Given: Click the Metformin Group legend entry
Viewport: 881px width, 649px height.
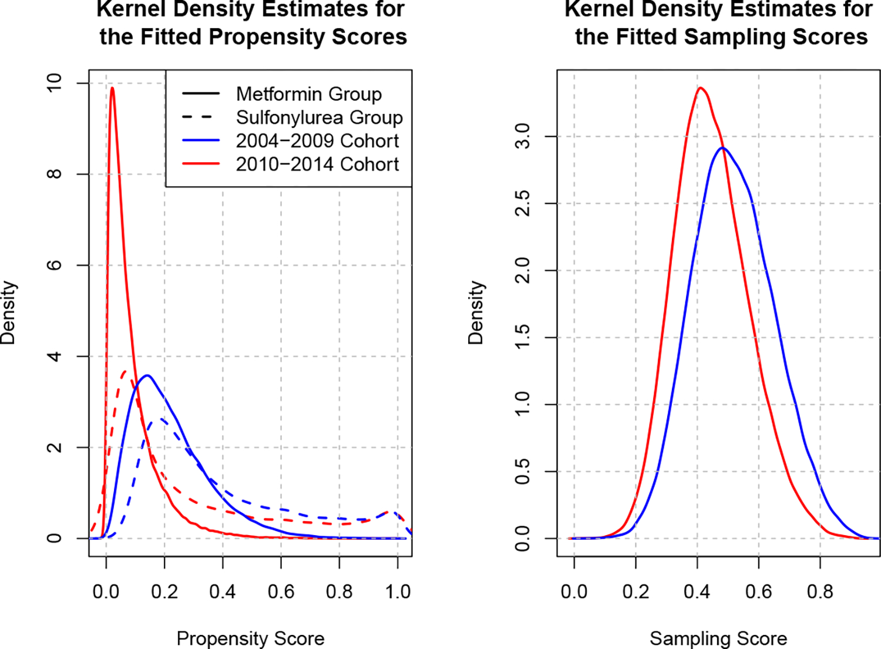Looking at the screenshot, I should [x=308, y=94].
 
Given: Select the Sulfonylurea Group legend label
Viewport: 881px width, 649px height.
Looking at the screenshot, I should [x=319, y=117].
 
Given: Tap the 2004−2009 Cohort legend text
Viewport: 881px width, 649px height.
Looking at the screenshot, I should [x=317, y=141].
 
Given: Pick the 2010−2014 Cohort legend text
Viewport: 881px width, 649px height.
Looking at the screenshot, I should [x=317, y=164].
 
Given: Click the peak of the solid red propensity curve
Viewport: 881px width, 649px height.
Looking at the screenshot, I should [x=112, y=88].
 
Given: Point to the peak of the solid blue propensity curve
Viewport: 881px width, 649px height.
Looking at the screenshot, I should [x=147, y=375].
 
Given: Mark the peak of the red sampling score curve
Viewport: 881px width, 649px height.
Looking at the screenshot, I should [x=700, y=88].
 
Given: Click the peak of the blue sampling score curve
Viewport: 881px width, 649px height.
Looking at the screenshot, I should [x=723, y=147].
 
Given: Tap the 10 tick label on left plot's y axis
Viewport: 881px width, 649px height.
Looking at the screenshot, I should [x=54, y=83].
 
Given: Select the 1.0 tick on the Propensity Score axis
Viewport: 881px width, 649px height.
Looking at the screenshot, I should [x=398, y=591].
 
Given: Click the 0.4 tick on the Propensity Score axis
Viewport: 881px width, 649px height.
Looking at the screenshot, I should [x=223, y=591].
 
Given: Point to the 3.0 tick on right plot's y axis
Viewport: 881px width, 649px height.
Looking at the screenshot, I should [x=522, y=136].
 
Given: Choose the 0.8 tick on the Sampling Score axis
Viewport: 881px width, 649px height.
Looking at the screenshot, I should [x=820, y=591].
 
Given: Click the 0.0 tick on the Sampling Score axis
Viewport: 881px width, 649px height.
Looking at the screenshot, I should [x=574, y=591].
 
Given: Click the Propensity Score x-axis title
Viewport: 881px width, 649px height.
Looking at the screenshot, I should [x=250, y=638].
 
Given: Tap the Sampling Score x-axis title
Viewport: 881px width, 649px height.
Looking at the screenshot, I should [x=718, y=638].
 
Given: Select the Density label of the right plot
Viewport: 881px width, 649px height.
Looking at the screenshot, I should [x=476, y=312].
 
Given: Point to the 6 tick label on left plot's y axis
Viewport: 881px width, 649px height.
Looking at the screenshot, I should [x=54, y=265].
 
